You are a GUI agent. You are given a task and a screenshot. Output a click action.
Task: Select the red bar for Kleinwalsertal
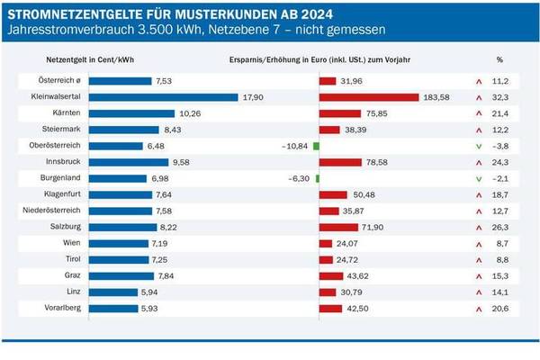point(369,97)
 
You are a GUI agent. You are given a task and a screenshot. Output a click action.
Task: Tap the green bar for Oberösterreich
point(316,146)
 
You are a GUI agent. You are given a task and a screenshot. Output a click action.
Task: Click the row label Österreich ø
point(60,81)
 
